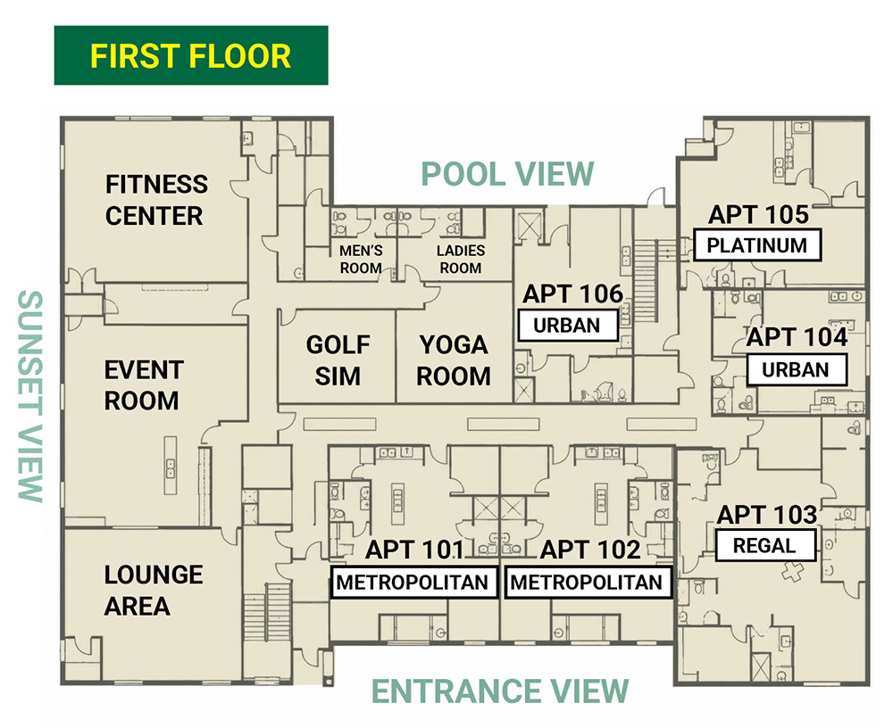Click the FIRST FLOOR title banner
191,55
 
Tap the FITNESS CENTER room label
156,200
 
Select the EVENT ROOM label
144,385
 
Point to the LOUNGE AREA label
154,591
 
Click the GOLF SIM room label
338,360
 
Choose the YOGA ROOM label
454,360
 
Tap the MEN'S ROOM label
361,260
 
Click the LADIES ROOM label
461,260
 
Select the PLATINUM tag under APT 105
757,245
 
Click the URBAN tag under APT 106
567,326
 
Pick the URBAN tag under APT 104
796,370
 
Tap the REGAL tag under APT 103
764,546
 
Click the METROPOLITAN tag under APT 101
413,583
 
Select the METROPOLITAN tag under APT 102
587,583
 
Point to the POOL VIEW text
507,174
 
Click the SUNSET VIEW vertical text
30,396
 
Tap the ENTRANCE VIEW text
500,691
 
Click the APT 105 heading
758,215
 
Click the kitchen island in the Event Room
171,465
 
